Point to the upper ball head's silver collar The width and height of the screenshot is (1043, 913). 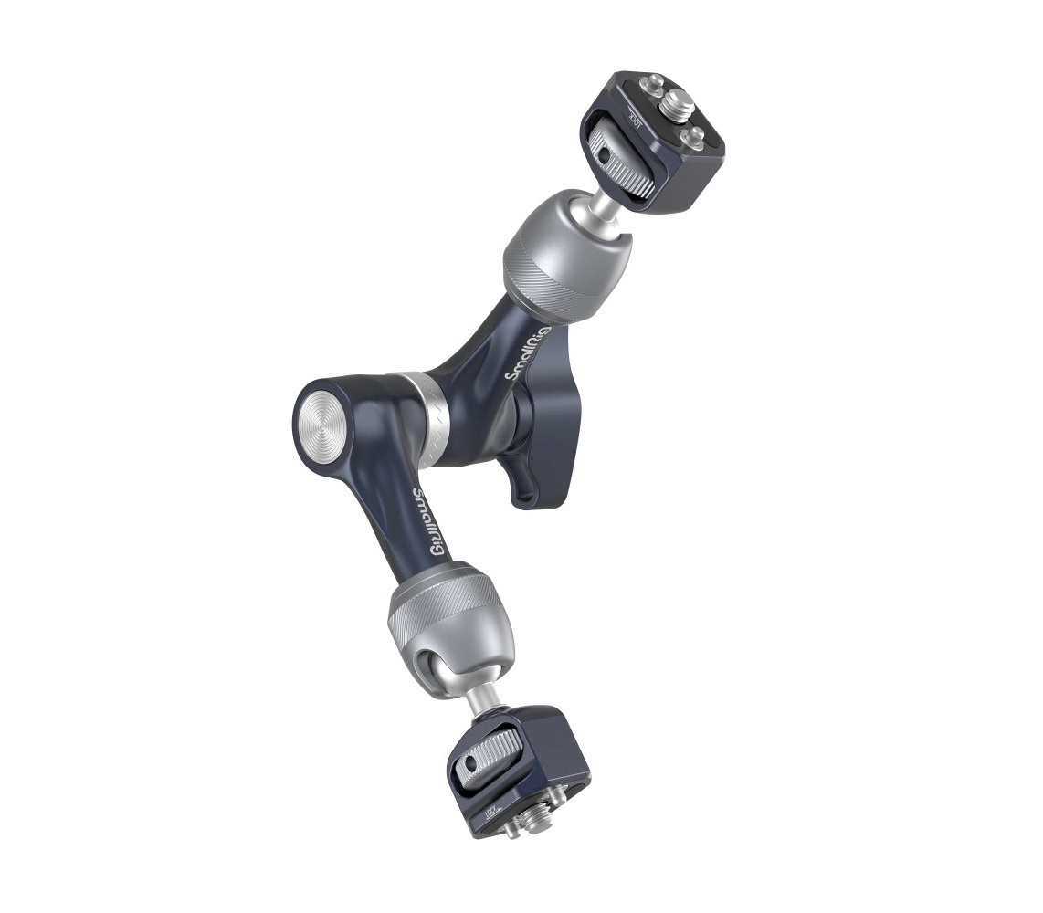pos(567,255)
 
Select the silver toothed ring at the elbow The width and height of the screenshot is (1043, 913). pos(427,420)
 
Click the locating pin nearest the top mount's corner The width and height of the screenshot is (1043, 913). pos(694,138)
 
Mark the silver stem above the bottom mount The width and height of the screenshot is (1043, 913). pos(480,703)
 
